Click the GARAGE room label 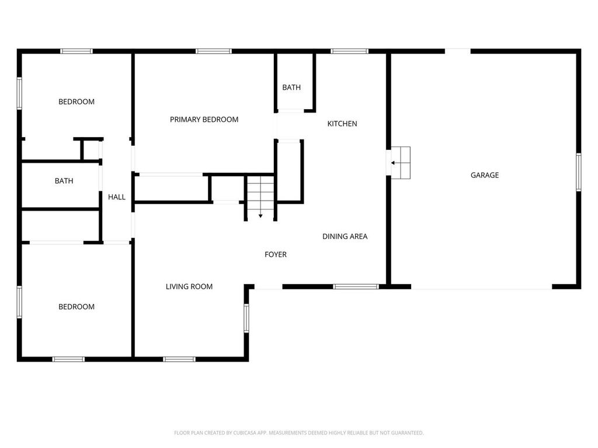point(485,175)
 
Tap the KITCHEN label point(342,124)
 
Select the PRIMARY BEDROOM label point(204,120)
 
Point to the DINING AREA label point(345,236)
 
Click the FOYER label point(276,254)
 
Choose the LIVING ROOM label point(189,286)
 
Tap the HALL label point(117,197)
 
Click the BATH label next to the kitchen point(291,87)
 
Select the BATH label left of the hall point(64,181)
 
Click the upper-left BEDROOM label point(77,101)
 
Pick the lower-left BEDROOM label point(77,307)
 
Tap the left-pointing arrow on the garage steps point(394,163)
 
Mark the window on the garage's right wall point(578,171)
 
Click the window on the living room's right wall point(246,318)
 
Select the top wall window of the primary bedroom point(214,51)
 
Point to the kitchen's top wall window point(349,51)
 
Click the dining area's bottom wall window point(356,286)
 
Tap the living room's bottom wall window point(179,359)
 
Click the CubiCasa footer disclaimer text point(298,433)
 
